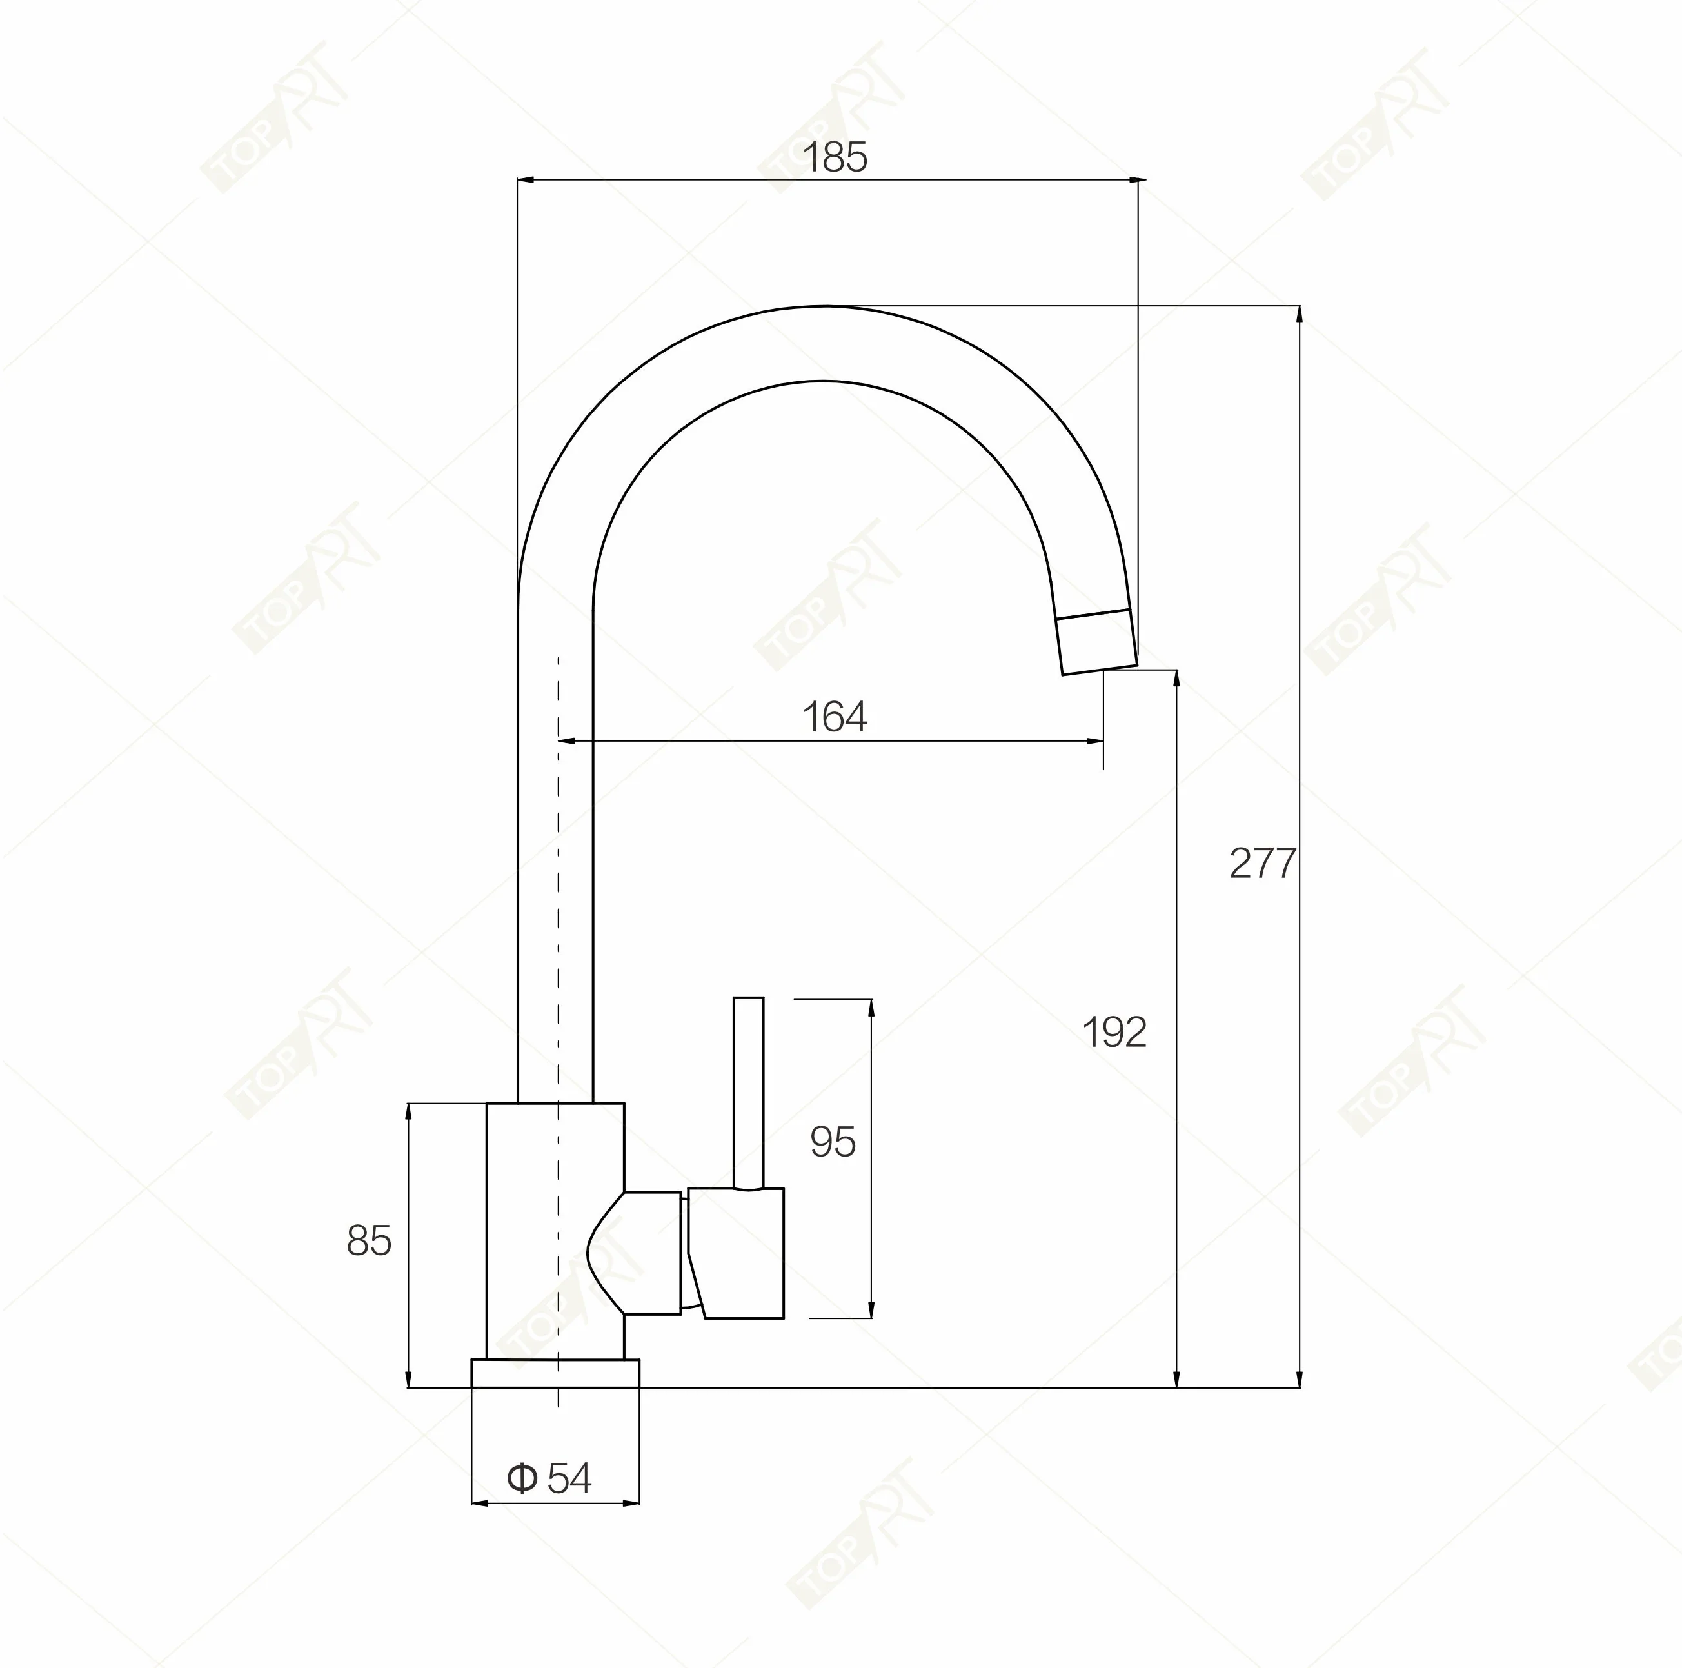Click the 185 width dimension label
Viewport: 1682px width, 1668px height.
tap(834, 157)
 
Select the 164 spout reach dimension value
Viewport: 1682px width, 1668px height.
tap(834, 717)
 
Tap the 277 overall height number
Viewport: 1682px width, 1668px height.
tap(1262, 864)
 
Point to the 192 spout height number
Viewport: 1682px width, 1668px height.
tap(1114, 1033)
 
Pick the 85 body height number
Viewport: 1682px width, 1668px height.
tap(369, 1240)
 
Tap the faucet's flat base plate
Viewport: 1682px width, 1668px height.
tap(555, 1373)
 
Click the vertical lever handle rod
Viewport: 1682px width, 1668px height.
tap(749, 1093)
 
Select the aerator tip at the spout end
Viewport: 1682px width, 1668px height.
tap(1097, 642)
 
